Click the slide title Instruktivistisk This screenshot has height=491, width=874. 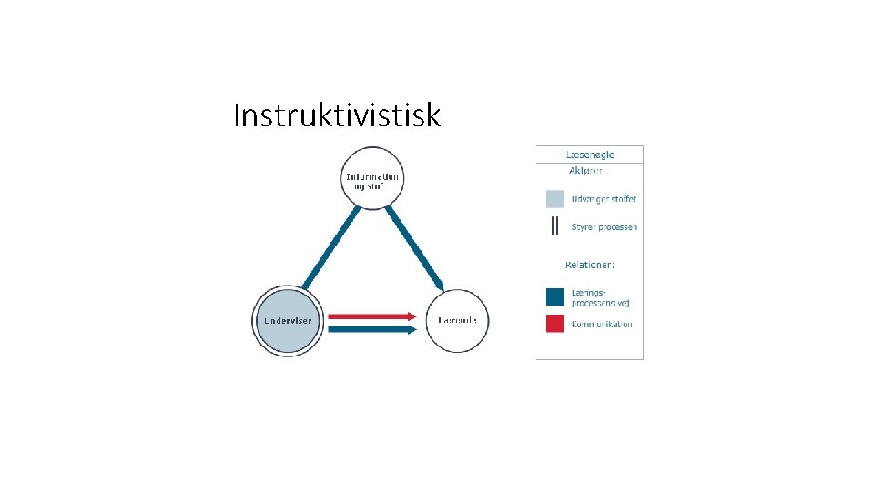(x=337, y=116)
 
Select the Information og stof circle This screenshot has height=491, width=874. (x=372, y=178)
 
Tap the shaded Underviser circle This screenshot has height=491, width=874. (x=288, y=321)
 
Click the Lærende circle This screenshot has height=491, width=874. (x=458, y=321)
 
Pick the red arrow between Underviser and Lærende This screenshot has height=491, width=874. (x=369, y=316)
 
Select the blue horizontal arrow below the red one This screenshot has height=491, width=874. (x=369, y=329)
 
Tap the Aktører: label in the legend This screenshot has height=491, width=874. (x=588, y=171)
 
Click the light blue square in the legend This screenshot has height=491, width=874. (x=554, y=199)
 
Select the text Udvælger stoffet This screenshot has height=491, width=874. (x=604, y=199)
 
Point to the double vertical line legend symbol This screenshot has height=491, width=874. (x=554, y=226)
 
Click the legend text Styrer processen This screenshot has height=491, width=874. (x=604, y=227)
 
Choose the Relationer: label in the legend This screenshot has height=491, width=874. (x=590, y=265)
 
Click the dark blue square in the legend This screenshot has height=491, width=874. (x=554, y=296)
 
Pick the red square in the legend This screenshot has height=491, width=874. (x=554, y=323)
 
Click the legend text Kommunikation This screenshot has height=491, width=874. (x=602, y=324)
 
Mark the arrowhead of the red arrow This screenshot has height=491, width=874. (x=411, y=316)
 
